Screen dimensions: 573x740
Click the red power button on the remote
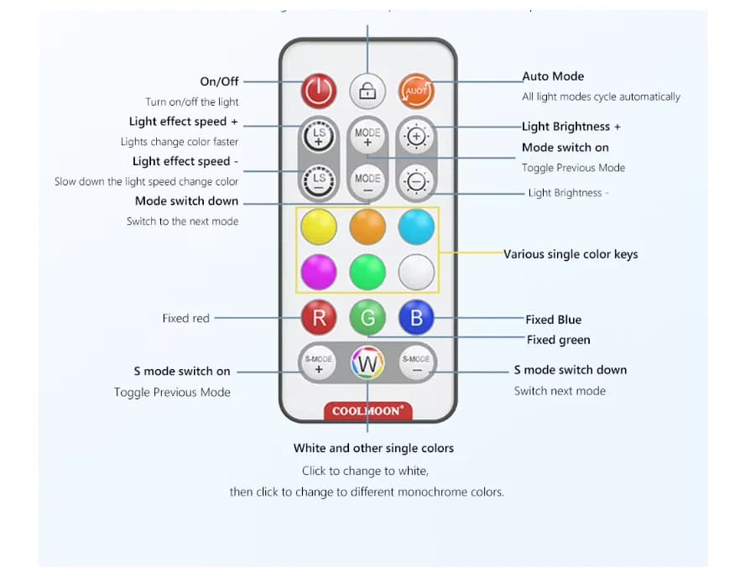(x=319, y=91)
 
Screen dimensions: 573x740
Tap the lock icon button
(x=367, y=91)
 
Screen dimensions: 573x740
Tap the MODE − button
(x=367, y=181)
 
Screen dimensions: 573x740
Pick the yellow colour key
(x=319, y=227)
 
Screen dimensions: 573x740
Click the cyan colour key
(x=416, y=227)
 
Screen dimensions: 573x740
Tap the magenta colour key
(x=319, y=272)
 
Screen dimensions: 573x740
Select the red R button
(x=319, y=318)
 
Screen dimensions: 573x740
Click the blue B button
(x=416, y=318)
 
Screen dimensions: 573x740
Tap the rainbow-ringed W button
(x=367, y=364)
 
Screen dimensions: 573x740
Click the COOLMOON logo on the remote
(x=367, y=411)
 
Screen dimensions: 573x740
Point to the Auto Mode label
(x=553, y=76)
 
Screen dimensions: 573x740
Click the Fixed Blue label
(x=553, y=320)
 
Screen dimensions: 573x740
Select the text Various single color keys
(x=571, y=254)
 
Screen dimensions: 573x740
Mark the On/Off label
(x=219, y=81)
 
